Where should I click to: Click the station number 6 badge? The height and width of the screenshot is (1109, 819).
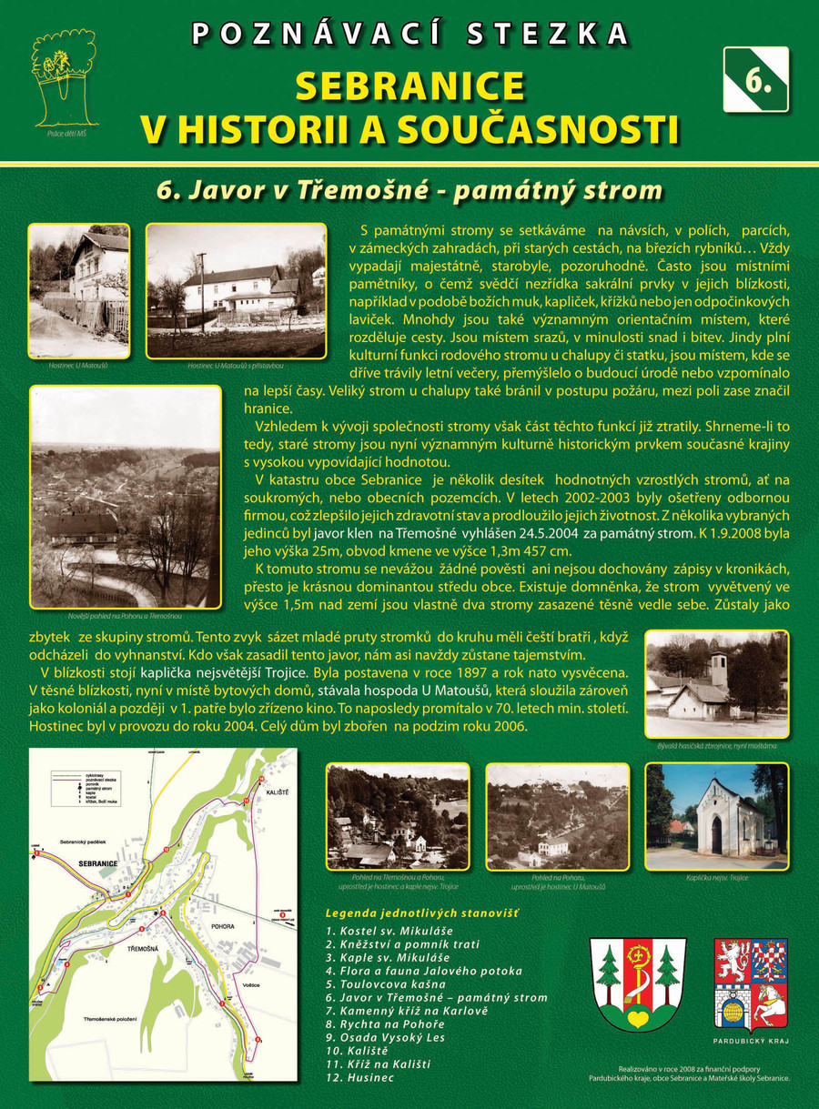(755, 79)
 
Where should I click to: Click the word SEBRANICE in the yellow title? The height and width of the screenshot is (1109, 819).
(409, 86)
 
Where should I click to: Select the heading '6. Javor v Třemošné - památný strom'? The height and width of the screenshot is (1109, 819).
(409, 190)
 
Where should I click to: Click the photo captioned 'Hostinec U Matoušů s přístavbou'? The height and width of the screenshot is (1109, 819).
(237, 290)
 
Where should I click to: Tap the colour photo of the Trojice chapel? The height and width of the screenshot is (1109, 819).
(716, 816)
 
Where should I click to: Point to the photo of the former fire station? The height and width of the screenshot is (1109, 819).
(716, 683)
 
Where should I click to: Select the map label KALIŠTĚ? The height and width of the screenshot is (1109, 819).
(277, 792)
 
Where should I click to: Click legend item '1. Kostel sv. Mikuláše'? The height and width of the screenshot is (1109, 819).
(389, 931)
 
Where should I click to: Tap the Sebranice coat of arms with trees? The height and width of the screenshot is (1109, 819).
(637, 983)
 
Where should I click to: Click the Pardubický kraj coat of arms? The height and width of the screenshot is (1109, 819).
(751, 983)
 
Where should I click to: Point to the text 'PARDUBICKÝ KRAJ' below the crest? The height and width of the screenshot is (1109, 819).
(751, 1041)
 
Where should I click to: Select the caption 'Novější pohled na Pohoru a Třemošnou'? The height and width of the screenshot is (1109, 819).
(126, 616)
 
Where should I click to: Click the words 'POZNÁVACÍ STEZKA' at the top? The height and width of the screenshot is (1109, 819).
(409, 35)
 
